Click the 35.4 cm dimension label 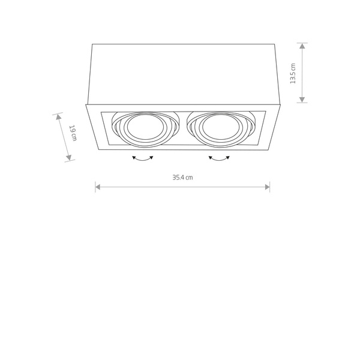[x=183, y=178]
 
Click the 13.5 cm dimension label [x=293, y=73]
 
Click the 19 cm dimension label [x=73, y=133]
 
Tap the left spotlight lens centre [x=145, y=127]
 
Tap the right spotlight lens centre [x=221, y=127]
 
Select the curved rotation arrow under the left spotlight [x=143, y=158]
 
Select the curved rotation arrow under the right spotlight [x=219, y=158]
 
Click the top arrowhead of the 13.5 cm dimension [x=302, y=46]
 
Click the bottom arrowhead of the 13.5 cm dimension [x=302, y=100]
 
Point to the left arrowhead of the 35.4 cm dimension [x=98, y=187]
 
